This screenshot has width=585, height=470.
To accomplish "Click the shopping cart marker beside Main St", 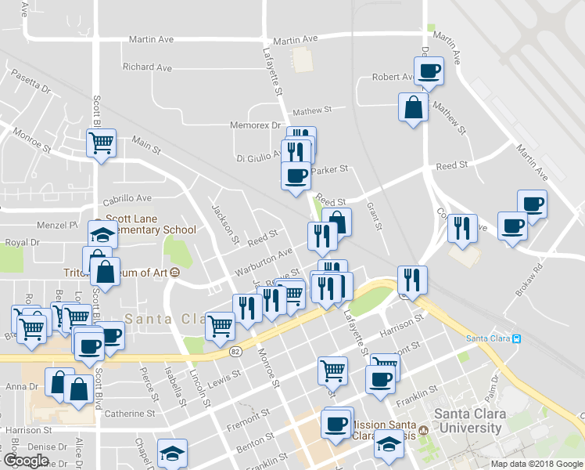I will [x=101, y=143].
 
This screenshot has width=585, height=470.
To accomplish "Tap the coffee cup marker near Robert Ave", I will [x=429, y=71].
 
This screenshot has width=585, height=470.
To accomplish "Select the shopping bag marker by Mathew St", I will [x=413, y=107].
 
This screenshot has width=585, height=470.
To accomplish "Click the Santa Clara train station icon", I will [x=516, y=338].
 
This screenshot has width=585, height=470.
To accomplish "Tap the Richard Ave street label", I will [x=147, y=67].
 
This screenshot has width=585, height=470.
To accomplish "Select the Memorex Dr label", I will [x=255, y=125].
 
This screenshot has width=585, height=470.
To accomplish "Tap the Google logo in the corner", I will [x=26, y=460].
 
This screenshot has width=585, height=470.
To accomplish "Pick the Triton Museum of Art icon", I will [x=174, y=273].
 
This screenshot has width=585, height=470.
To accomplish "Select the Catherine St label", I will [x=129, y=413].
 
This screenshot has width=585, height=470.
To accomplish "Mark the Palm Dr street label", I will [x=491, y=383].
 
